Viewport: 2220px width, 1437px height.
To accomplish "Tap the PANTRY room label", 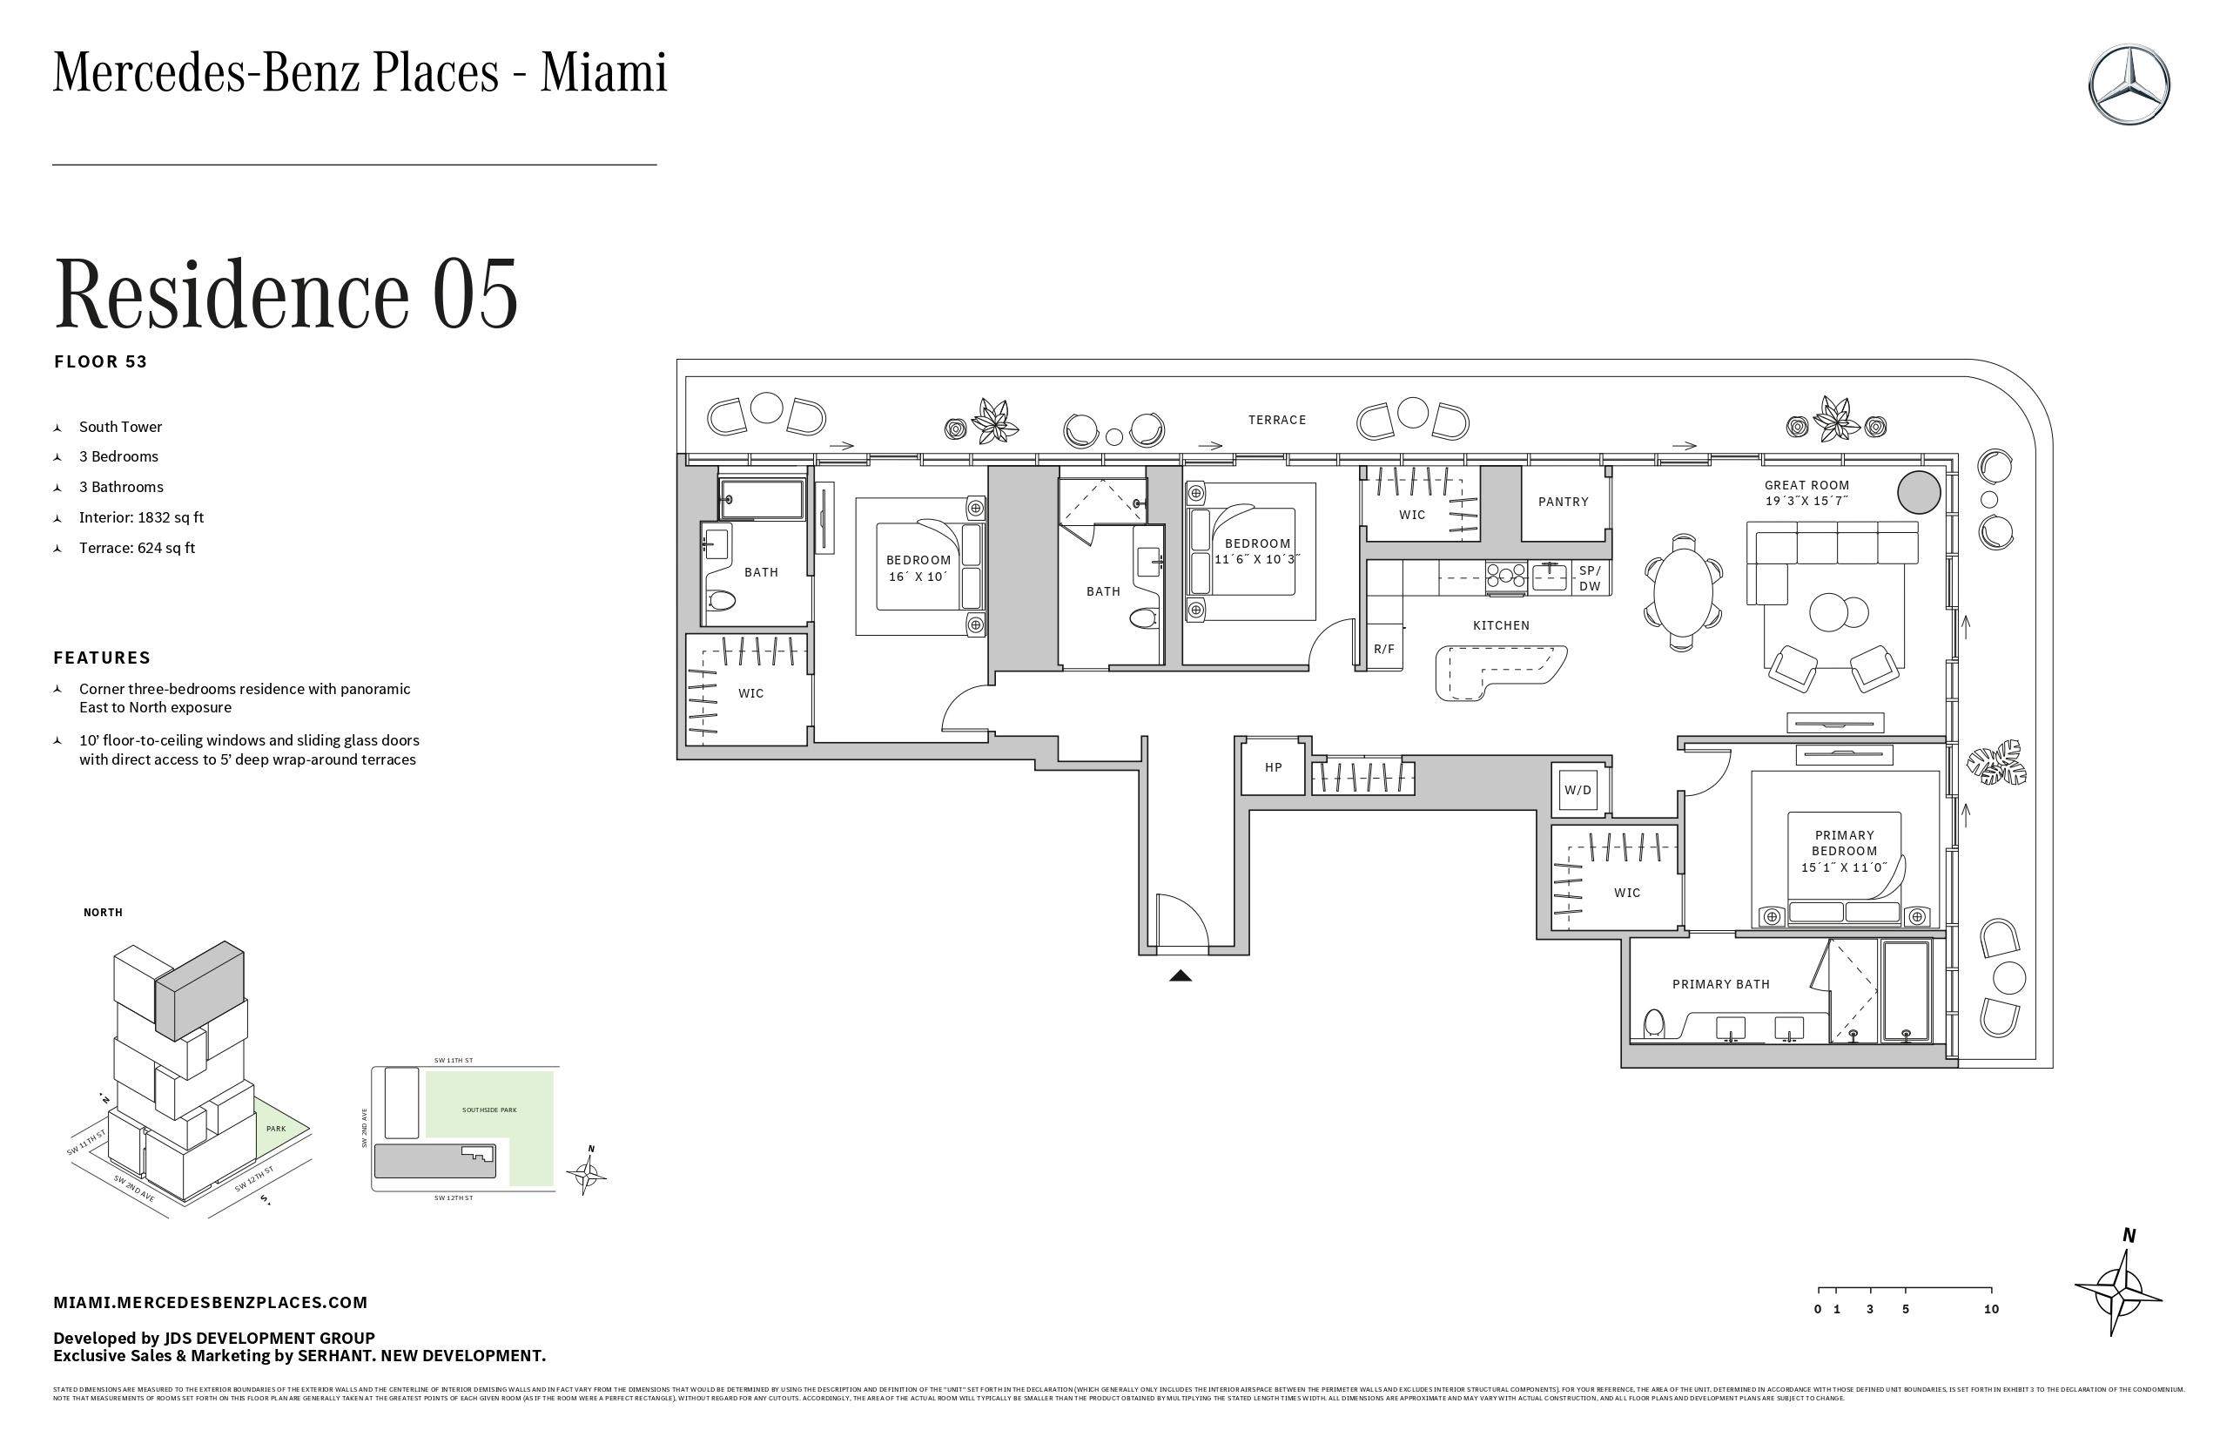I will [x=1564, y=502].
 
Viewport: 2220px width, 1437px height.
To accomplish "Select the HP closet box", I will [x=1273, y=768].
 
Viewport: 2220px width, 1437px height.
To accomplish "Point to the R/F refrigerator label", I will [x=1384, y=650].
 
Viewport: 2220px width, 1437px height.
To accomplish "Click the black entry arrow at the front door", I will [x=1181, y=976].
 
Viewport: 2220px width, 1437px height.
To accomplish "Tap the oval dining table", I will [x=1683, y=591].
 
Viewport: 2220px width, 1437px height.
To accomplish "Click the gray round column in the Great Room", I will [x=1919, y=492].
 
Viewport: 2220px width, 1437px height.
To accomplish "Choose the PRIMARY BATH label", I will [x=1721, y=984].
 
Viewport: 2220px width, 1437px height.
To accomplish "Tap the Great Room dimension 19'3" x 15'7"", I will [x=1806, y=501].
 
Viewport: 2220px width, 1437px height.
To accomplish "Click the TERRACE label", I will [x=1277, y=420].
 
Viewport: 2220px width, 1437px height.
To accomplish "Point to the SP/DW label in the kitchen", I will [x=1590, y=578].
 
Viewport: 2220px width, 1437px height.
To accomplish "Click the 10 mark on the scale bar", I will [x=1992, y=1309].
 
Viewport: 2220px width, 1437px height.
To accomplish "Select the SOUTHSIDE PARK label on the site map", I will [x=488, y=1110].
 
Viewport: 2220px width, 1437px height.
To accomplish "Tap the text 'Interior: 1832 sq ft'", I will [x=141, y=518].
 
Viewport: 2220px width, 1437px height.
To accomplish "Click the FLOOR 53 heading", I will [x=101, y=362].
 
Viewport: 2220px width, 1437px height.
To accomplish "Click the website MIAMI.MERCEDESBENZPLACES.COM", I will [x=211, y=1303].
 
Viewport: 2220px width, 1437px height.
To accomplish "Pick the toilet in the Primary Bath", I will [x=1654, y=1023].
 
